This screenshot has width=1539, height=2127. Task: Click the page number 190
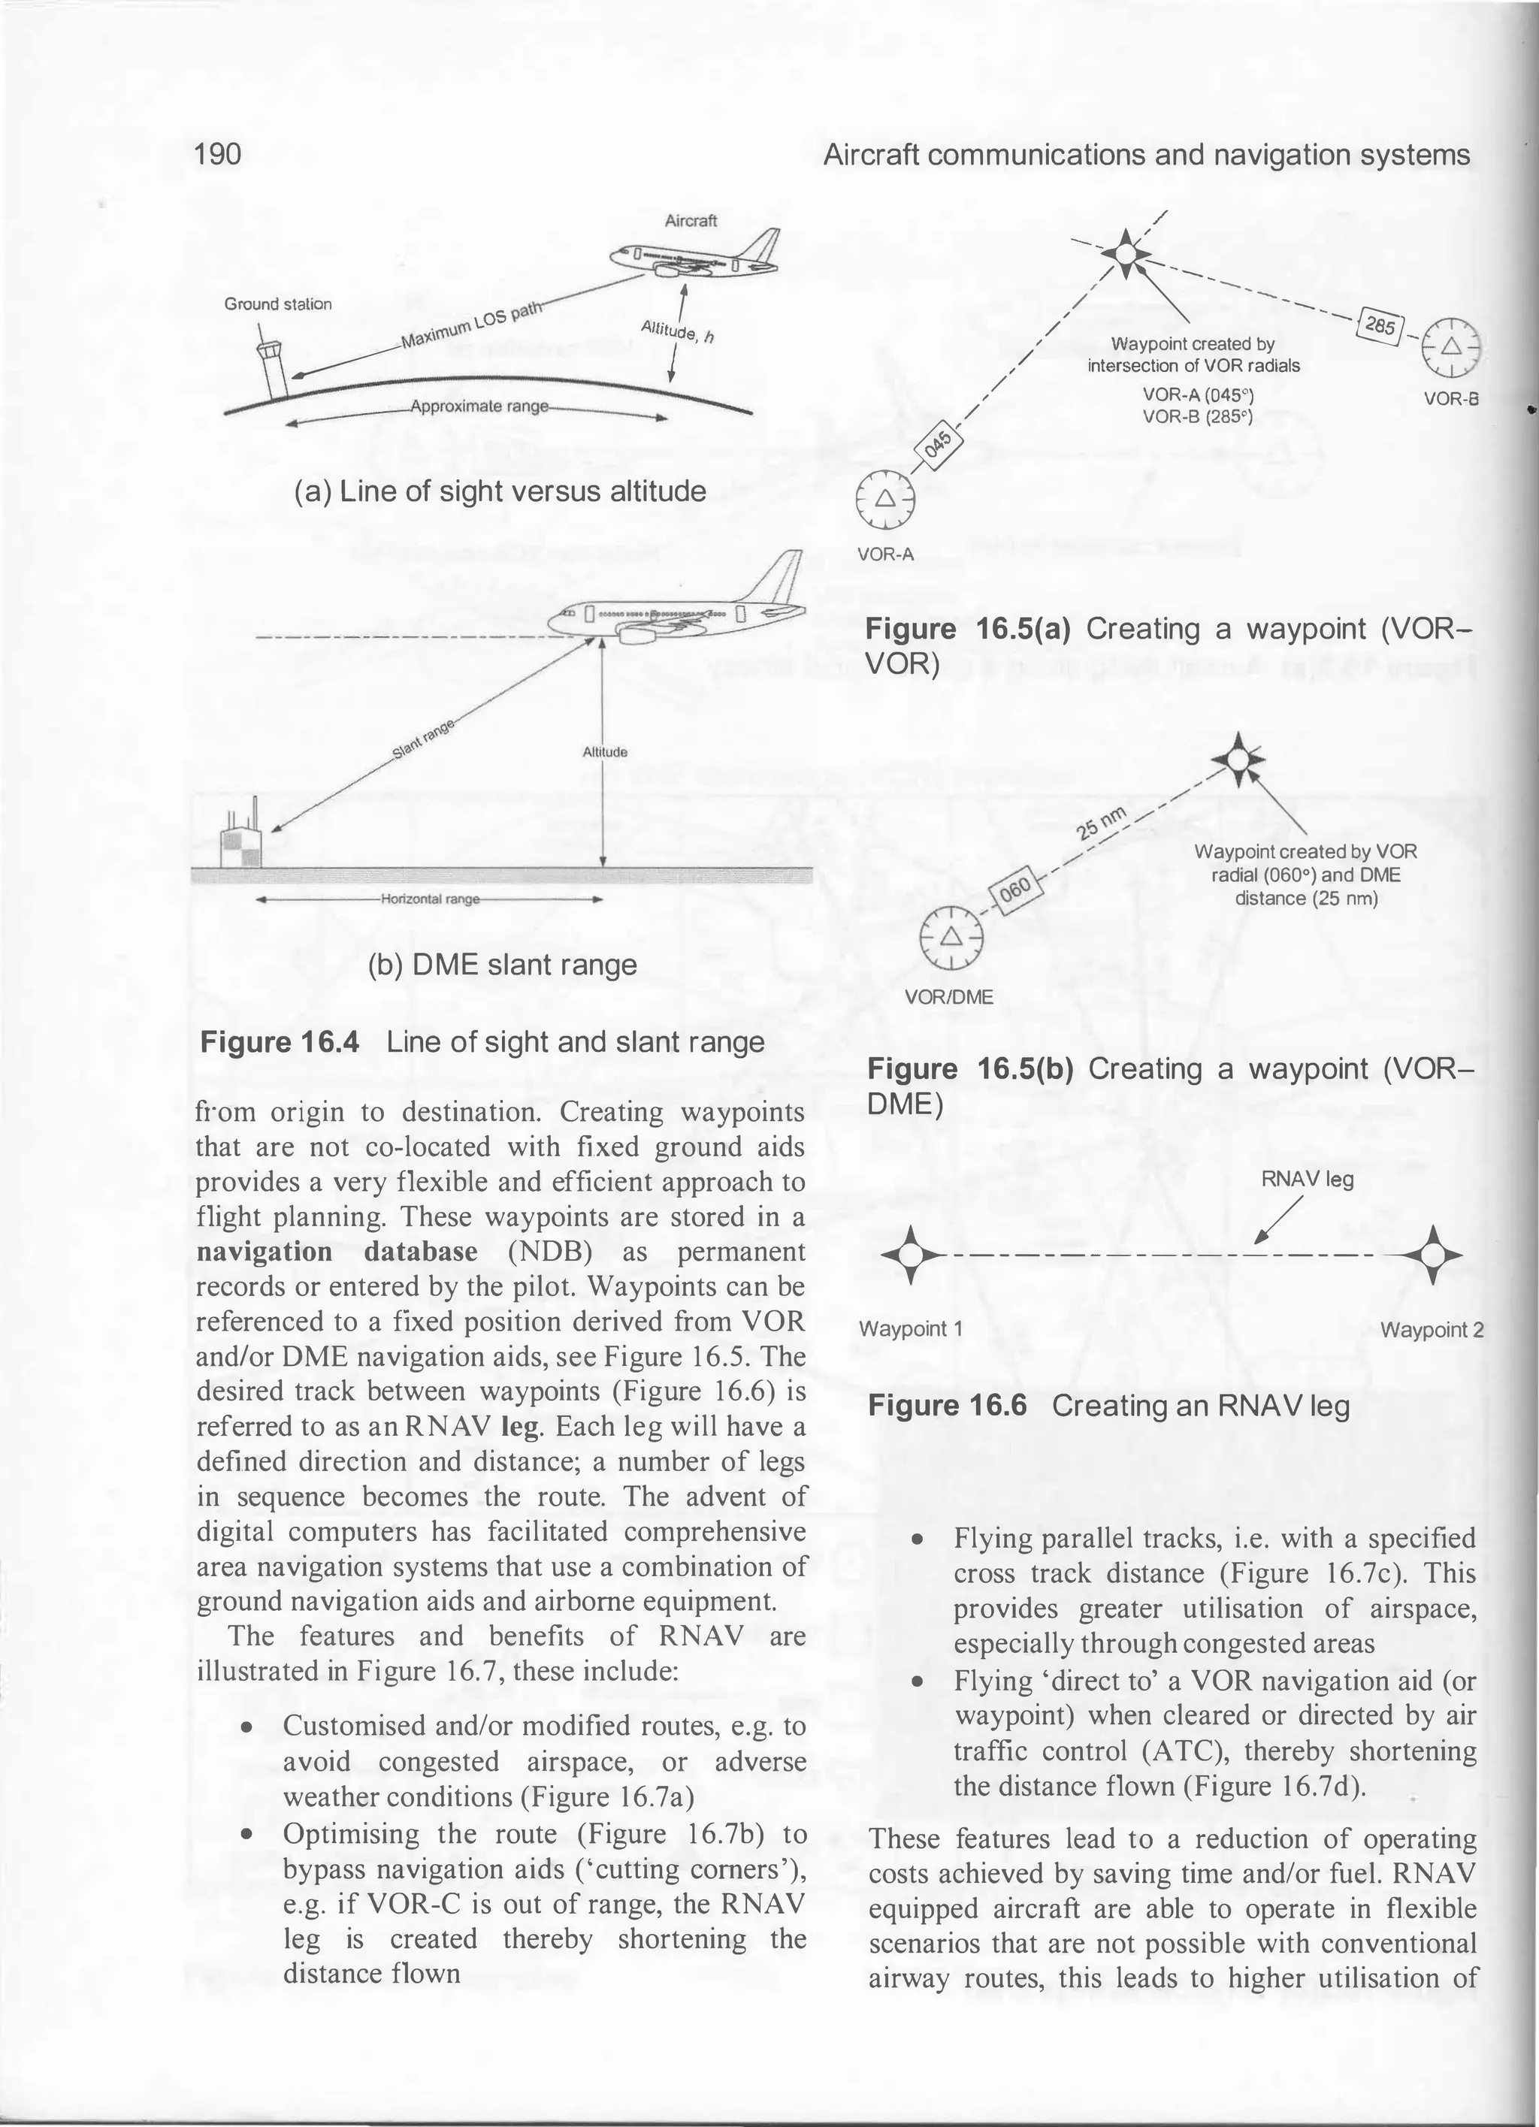coord(218,154)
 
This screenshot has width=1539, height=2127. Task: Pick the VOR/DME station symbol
coord(951,938)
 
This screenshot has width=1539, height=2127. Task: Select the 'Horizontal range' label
coord(431,899)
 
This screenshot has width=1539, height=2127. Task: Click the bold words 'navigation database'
coord(337,1252)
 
